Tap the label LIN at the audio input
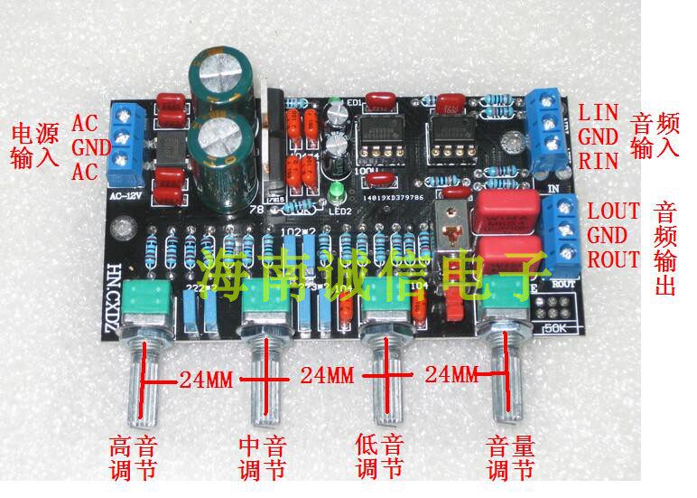[x=599, y=113]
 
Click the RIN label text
[x=598, y=162]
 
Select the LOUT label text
[x=613, y=211]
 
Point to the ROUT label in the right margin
[x=613, y=259]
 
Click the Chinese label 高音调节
[x=132, y=458]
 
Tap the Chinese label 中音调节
[x=262, y=458]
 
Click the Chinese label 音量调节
[x=511, y=458]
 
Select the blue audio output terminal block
[x=565, y=231]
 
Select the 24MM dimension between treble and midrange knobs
[x=202, y=380]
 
